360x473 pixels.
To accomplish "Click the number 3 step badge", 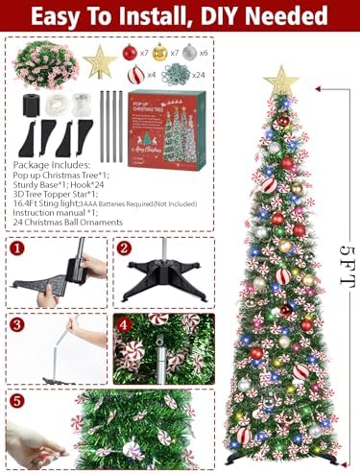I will pyautogui.click(x=17, y=323).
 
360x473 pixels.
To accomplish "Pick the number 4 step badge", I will pyautogui.click(x=124, y=323).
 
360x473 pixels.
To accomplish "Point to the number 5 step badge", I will pyautogui.click(x=17, y=400).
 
